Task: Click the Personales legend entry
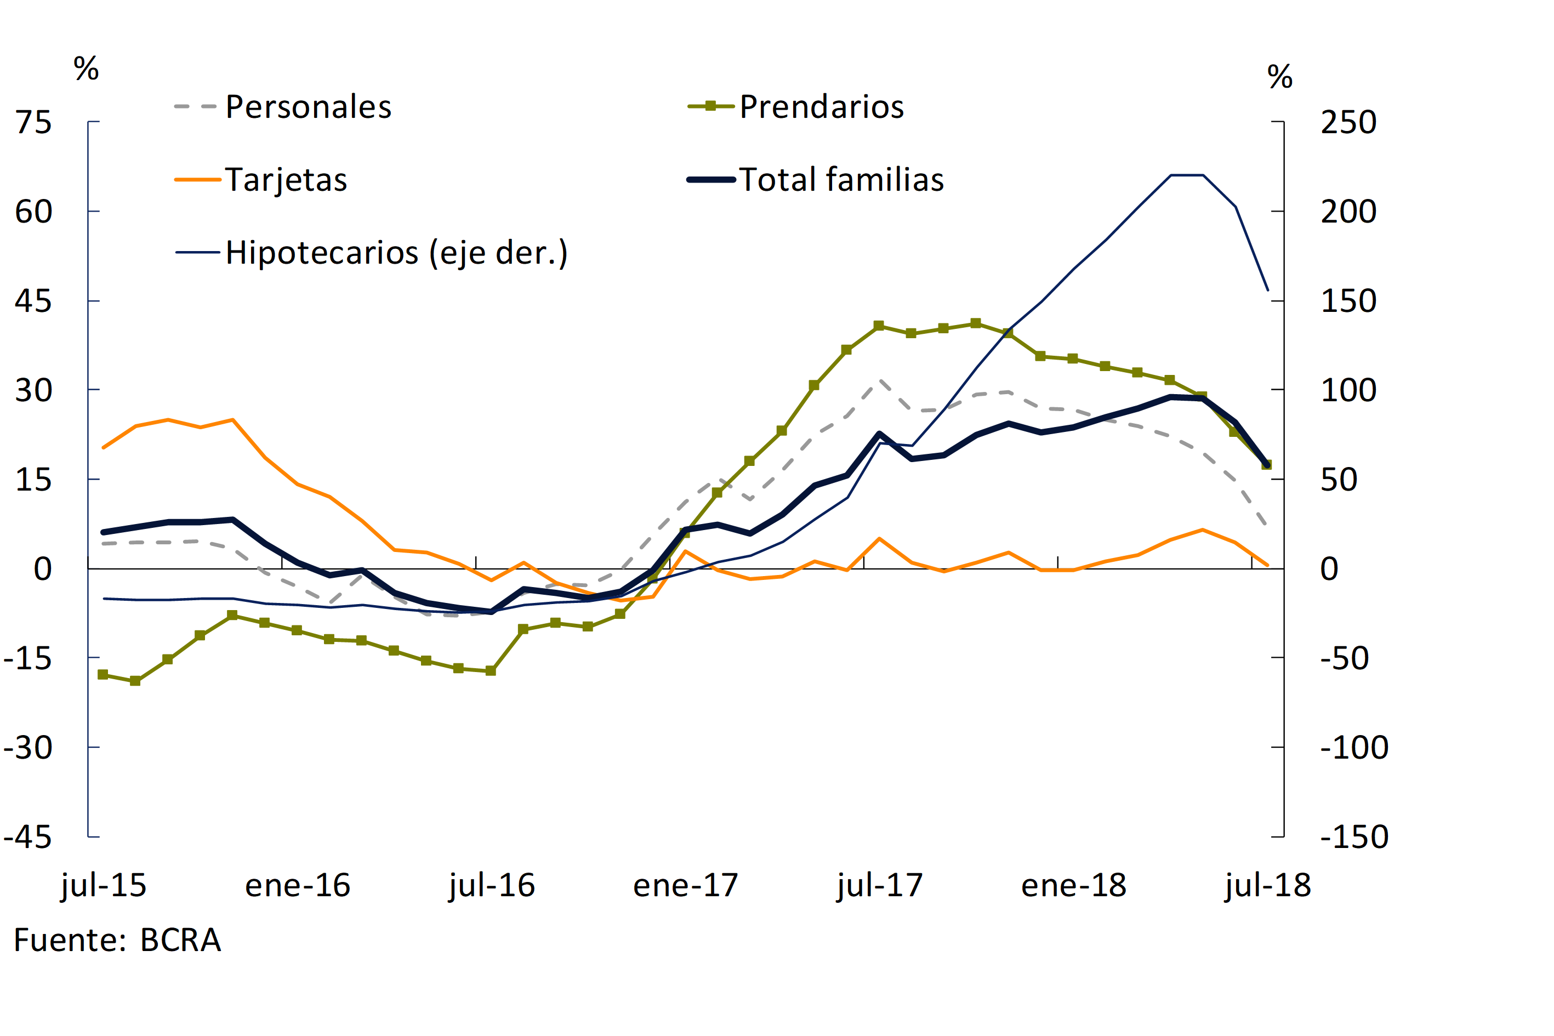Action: coord(308,107)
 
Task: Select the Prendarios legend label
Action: coord(821,107)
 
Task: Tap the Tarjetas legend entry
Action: coord(286,180)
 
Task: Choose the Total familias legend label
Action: coord(841,180)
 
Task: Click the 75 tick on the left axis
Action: coord(33,122)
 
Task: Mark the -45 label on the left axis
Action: coord(28,837)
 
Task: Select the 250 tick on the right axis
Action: coord(1348,122)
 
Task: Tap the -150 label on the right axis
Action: coord(1354,837)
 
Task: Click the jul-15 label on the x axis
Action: coord(104,885)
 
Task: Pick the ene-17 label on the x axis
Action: coord(685,885)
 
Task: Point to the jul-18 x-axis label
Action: coord(1267,885)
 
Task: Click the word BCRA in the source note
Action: coord(180,940)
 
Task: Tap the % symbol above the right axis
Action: coord(1280,77)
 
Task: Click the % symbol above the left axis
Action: coord(86,69)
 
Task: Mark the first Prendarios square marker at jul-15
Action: coord(103,675)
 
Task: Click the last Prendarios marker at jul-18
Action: coord(1267,464)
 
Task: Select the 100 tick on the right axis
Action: coord(1348,390)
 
